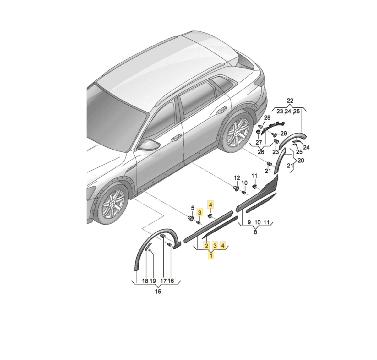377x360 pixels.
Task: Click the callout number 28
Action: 267,117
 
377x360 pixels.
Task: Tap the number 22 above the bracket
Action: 290,101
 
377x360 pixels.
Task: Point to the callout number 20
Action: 301,161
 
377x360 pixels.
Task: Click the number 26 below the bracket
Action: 261,152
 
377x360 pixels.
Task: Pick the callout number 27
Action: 259,142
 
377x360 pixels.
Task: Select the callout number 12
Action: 237,178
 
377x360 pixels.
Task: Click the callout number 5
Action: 193,208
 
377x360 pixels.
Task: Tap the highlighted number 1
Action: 211,255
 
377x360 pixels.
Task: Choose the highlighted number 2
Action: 207,246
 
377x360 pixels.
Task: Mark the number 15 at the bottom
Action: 158,292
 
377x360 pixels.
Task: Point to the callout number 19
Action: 153,281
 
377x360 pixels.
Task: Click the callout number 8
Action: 255,232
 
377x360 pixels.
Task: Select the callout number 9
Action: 249,222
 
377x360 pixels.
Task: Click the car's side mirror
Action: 150,145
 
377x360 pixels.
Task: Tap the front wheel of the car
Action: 112,205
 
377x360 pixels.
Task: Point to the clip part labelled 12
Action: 236,188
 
